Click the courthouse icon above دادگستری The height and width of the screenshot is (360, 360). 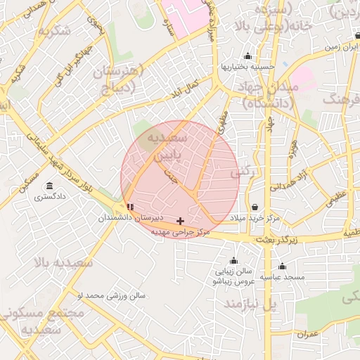(49, 186)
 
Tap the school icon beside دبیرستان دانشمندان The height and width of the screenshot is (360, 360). (129, 207)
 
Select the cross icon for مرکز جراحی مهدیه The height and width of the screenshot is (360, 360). (180, 221)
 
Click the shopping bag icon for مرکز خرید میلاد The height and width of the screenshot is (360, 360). (254, 207)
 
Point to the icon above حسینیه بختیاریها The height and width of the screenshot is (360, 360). (247, 56)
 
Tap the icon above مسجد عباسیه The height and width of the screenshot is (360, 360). (282, 266)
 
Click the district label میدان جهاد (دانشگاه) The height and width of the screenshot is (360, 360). (270, 94)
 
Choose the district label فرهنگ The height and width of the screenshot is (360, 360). (342, 98)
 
